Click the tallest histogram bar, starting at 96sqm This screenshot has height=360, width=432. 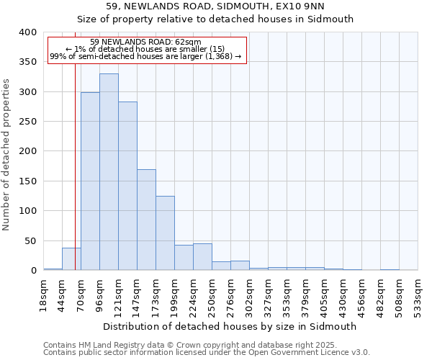[x=109, y=172]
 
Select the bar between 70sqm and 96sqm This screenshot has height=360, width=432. [x=90, y=181]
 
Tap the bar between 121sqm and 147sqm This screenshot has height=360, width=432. [x=127, y=186]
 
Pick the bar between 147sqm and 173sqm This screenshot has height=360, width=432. [x=146, y=220]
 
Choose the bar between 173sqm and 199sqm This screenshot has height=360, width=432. [x=165, y=233]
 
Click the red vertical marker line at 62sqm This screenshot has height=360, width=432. [x=75, y=144]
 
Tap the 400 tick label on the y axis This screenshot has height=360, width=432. [x=27, y=32]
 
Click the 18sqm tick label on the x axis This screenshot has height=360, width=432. [x=43, y=294]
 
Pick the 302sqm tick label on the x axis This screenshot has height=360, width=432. [x=249, y=294]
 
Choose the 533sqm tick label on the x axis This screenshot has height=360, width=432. [x=418, y=294]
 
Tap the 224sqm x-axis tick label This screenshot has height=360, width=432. [x=193, y=294]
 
